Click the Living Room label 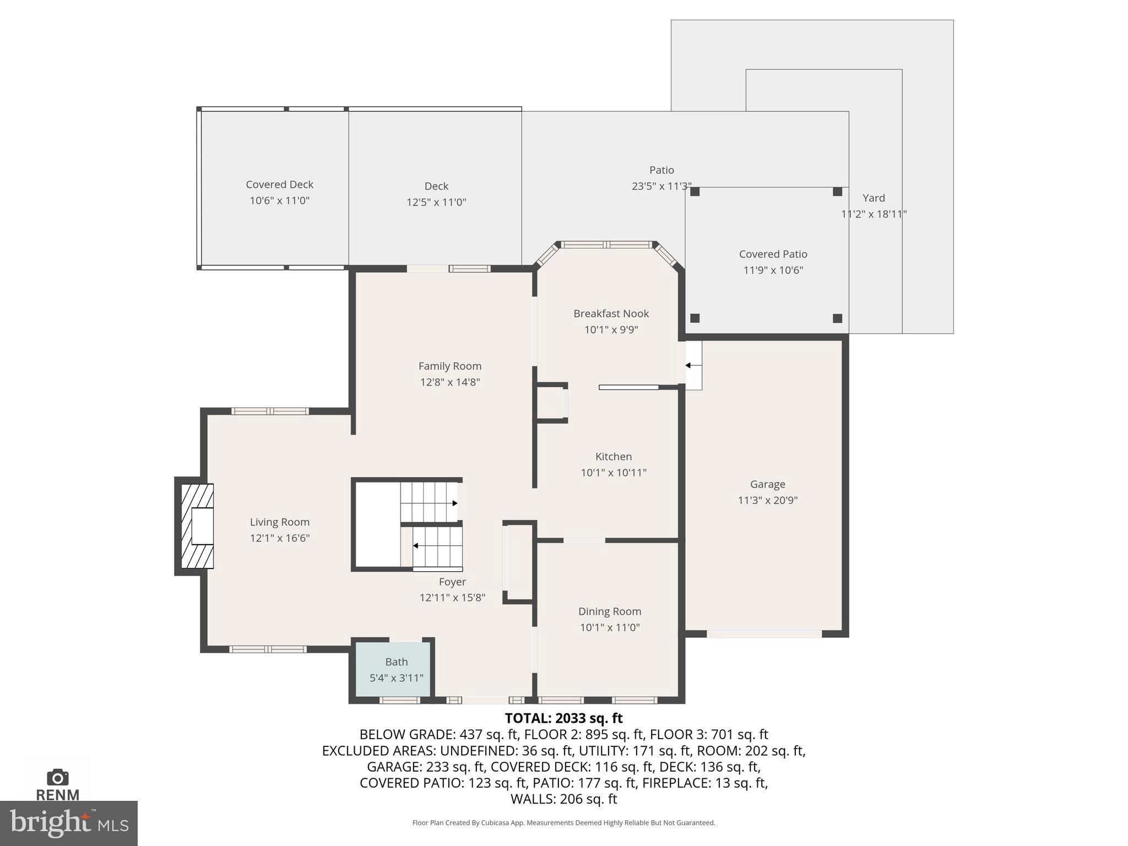[280, 522]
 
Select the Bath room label [396, 661]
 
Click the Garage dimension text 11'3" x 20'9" [767, 500]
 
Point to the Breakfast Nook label [611, 313]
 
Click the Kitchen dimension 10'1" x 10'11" [613, 473]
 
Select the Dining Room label [609, 611]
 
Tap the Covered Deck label [279, 185]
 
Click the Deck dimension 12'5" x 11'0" [436, 202]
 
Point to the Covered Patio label [773, 254]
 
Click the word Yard [874, 198]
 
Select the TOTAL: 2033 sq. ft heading [563, 718]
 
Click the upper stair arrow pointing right [454, 503]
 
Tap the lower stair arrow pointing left [416, 546]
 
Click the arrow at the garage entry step [688, 365]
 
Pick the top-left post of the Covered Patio [695, 192]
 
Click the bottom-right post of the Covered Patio [837, 318]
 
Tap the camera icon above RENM [57, 778]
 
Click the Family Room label [449, 366]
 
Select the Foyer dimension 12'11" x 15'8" [452, 598]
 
